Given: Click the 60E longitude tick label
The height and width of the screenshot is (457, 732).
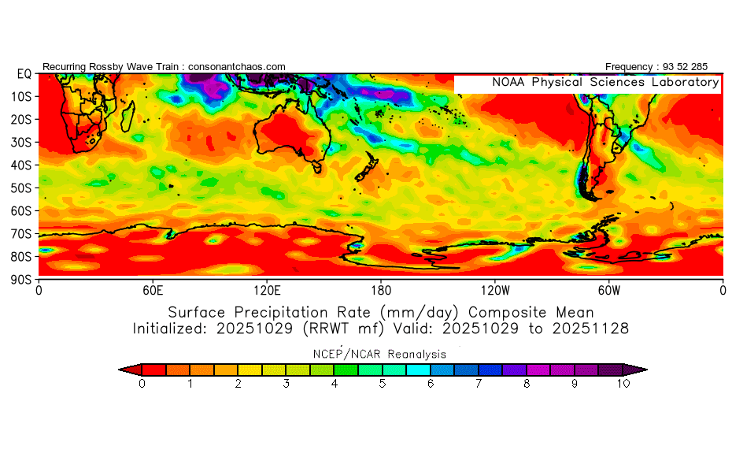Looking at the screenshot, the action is click(x=153, y=291).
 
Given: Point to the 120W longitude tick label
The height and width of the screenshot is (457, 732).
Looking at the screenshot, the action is click(x=495, y=291).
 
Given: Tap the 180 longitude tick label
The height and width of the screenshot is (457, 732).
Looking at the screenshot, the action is click(x=381, y=291).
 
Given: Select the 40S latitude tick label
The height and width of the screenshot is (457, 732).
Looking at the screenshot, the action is click(x=21, y=165).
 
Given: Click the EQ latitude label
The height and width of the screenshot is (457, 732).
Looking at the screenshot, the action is click(x=24, y=74).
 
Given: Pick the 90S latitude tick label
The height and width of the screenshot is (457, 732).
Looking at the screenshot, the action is click(x=21, y=280).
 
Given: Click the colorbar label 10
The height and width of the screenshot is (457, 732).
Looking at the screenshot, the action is click(x=623, y=384).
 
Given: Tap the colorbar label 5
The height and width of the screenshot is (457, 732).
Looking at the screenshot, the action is click(x=383, y=384).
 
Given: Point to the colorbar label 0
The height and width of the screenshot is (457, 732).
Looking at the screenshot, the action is click(x=142, y=384).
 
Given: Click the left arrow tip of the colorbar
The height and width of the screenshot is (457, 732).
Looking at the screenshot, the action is click(x=119, y=370).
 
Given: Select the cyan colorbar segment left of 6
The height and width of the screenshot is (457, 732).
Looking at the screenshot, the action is click(x=418, y=370).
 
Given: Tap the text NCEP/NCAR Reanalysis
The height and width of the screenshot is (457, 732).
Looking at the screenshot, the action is click(x=379, y=354).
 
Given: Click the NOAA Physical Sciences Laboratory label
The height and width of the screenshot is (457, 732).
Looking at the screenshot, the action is click(x=605, y=82).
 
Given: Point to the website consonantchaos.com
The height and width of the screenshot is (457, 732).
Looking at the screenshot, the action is click(x=237, y=67).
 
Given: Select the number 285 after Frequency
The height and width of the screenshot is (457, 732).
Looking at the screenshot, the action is click(x=700, y=67).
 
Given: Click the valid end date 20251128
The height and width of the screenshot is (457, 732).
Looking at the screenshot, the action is click(x=590, y=329).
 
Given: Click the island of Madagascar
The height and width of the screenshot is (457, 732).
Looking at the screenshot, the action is click(x=128, y=117).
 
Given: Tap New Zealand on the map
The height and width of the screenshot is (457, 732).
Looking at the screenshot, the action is click(x=367, y=169).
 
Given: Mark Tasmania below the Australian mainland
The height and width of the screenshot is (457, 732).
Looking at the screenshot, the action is click(x=317, y=167).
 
